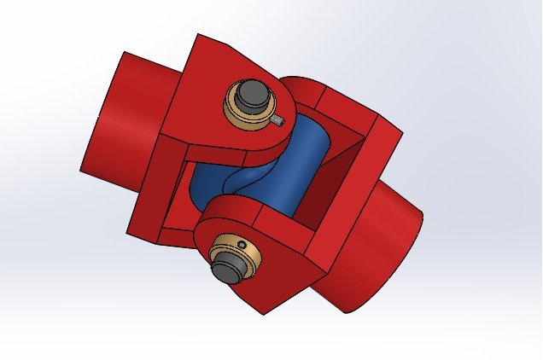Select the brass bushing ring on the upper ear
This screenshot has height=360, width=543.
tap(235, 112)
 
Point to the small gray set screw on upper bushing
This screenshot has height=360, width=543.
tap(280, 121)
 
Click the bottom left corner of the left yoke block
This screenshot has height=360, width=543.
tap(128, 235)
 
